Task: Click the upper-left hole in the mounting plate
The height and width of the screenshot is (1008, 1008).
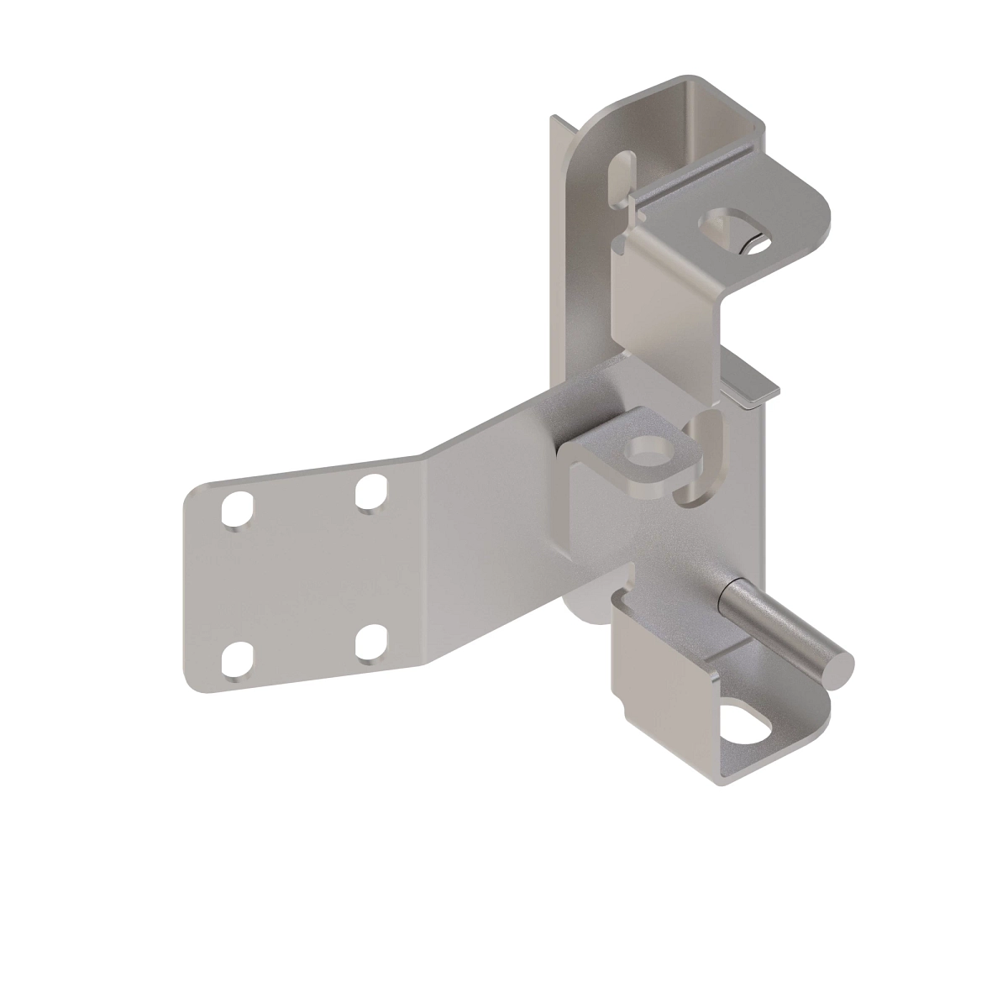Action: pos(237,509)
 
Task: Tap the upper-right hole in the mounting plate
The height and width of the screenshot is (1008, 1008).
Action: pos(370,493)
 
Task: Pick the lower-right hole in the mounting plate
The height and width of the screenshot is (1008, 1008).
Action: pos(370,643)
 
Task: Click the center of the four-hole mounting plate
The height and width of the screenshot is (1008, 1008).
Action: pos(304,580)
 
